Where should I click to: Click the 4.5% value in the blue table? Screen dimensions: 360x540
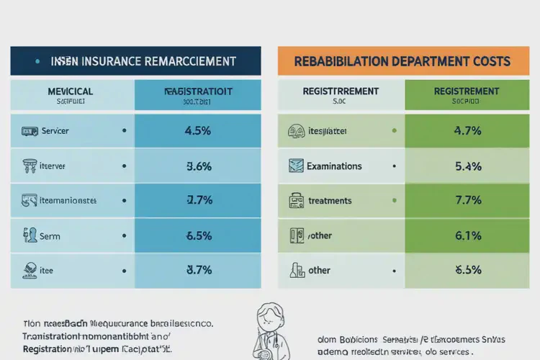click(198, 132)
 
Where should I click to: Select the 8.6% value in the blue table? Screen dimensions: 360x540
click(198, 166)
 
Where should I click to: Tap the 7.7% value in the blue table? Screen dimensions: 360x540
click(198, 200)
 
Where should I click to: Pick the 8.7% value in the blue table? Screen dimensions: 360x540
click(198, 270)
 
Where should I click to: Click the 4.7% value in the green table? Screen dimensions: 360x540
click(467, 132)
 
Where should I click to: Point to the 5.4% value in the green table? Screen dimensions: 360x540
click(467, 166)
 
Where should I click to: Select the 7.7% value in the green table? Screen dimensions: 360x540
click(467, 200)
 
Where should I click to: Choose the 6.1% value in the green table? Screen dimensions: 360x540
click(467, 235)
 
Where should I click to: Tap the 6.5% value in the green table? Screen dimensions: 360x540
click(467, 270)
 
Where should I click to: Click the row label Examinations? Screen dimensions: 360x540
click(334, 166)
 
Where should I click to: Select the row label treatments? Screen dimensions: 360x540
click(330, 201)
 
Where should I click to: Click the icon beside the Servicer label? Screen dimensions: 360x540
click(30, 132)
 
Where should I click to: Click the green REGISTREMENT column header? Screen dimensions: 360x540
click(467, 92)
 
